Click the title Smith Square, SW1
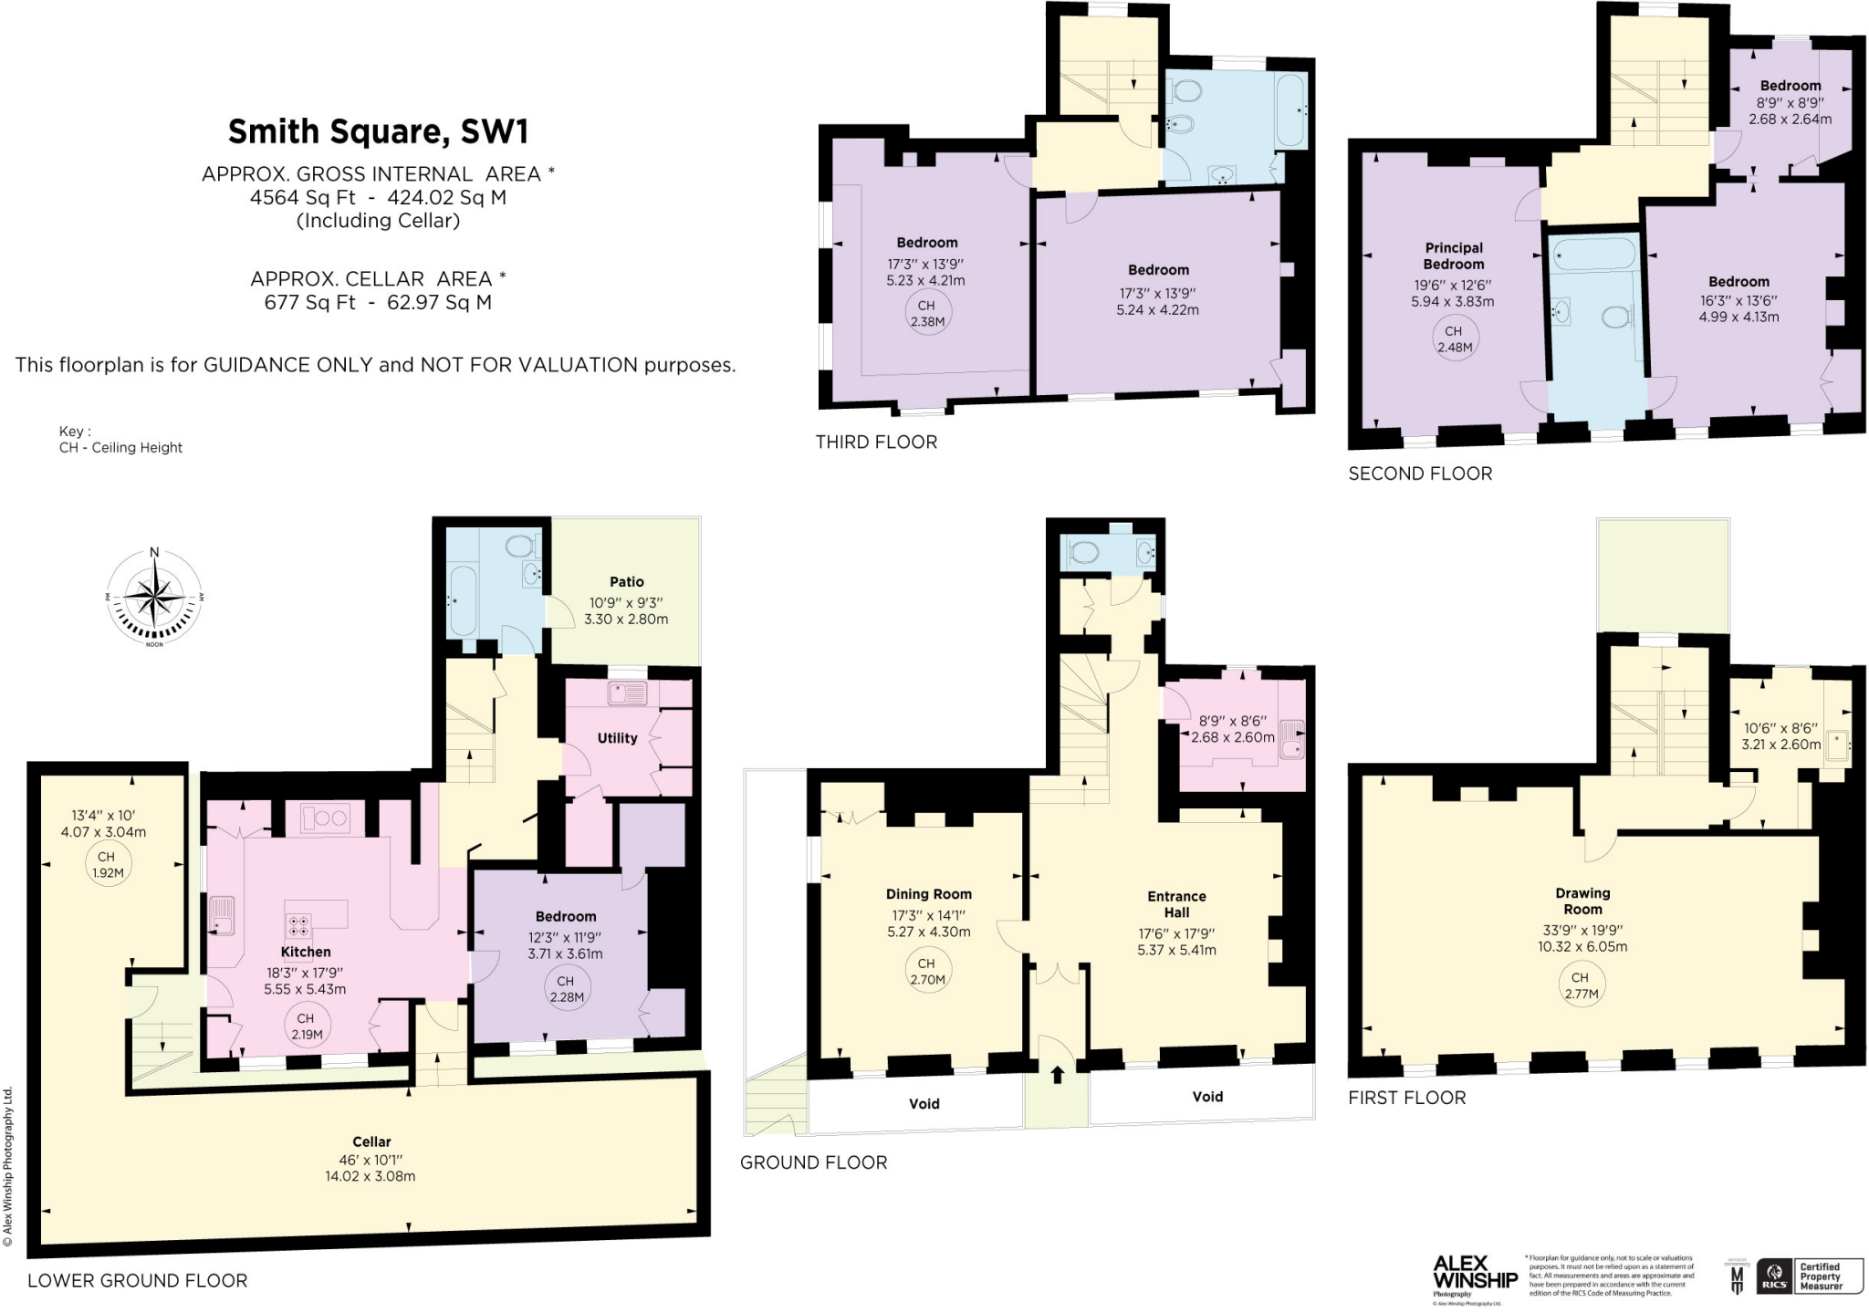click(x=378, y=131)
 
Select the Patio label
click(x=626, y=581)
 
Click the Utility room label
click(x=617, y=738)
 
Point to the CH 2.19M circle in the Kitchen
click(x=305, y=1026)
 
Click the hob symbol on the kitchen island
click(x=298, y=925)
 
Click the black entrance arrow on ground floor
click(x=1057, y=1075)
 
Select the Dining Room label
click(x=928, y=894)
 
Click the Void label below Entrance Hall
click(x=1206, y=1097)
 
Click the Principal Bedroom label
click(x=1454, y=255)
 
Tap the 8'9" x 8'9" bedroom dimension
click(x=1790, y=103)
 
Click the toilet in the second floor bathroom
click(x=1616, y=317)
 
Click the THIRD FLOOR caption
click(x=876, y=443)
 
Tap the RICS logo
click(x=1774, y=1277)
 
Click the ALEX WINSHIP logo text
click(x=1475, y=1272)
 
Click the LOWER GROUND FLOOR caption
click(x=137, y=1281)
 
